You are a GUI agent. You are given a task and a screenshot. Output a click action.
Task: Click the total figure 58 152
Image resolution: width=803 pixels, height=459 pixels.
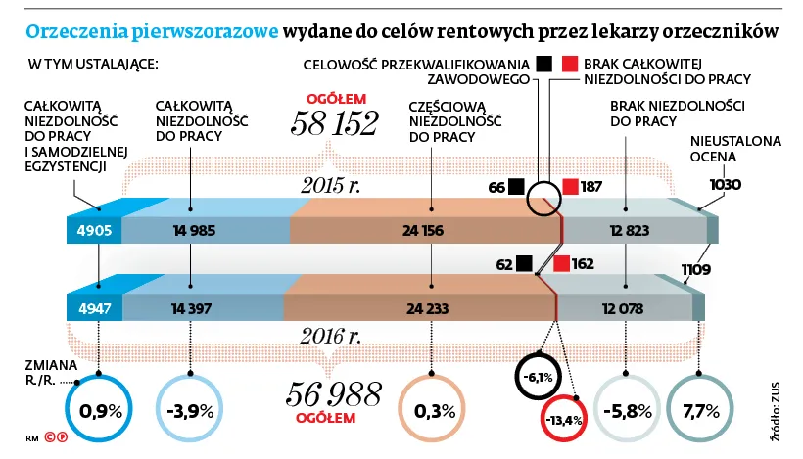(x=334, y=123)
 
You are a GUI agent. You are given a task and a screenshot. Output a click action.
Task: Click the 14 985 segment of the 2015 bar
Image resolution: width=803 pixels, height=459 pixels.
(x=193, y=231)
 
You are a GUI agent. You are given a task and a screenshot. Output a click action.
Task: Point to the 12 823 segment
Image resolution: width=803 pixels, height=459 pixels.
(x=629, y=231)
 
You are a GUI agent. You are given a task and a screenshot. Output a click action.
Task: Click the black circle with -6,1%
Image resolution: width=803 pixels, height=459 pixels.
(x=539, y=375)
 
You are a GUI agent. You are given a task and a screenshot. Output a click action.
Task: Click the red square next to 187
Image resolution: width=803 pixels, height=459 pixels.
(x=571, y=187)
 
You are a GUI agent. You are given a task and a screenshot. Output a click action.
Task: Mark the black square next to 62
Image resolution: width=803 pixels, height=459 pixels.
(x=524, y=263)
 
